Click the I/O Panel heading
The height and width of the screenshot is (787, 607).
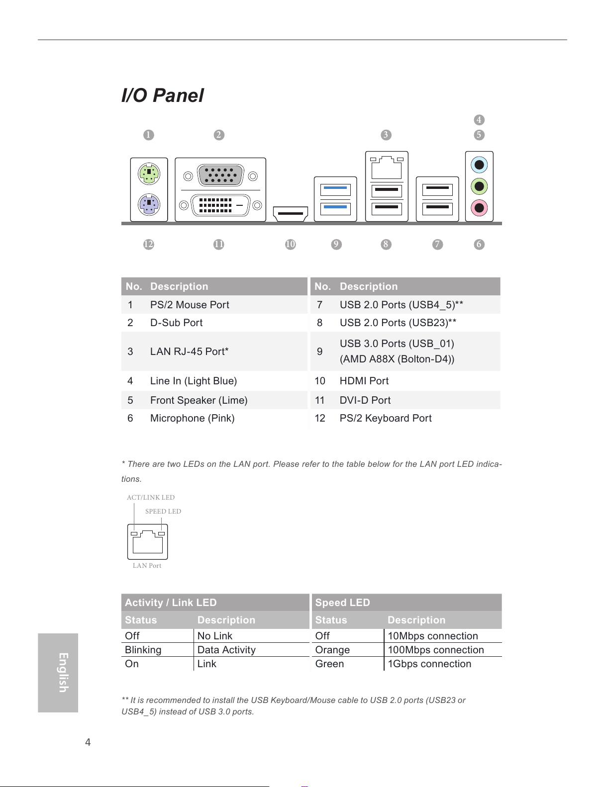point(162,95)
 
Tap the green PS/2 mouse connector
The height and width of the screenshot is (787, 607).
point(149,174)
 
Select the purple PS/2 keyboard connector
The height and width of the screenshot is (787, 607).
point(149,205)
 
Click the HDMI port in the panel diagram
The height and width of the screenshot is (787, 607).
point(290,213)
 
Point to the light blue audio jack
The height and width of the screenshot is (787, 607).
point(479,165)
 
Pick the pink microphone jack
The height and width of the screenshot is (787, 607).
point(479,208)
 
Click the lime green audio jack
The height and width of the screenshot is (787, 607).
point(479,186)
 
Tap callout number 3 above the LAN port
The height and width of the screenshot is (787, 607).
point(386,135)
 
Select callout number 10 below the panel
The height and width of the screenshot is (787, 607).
point(290,244)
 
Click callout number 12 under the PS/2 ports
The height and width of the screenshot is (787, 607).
point(149,244)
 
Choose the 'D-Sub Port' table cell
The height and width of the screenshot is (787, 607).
point(176,323)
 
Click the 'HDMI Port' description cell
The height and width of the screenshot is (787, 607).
point(364,381)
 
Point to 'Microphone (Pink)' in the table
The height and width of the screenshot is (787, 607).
point(193,418)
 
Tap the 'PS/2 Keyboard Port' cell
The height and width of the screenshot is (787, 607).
point(386,418)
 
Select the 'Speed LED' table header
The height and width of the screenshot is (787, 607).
point(342,602)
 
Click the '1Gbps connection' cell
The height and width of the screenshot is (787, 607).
point(429,664)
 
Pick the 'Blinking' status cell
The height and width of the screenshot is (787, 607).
point(143,650)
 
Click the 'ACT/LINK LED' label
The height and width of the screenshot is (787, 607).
point(151,497)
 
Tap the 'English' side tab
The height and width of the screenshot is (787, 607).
point(58,673)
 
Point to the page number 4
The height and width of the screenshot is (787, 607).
point(88,742)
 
